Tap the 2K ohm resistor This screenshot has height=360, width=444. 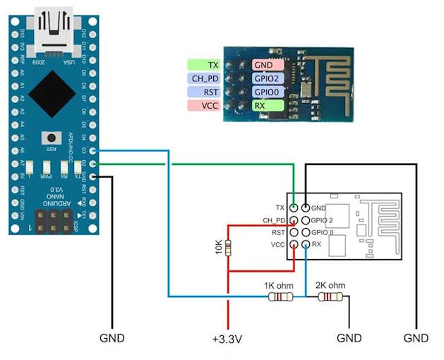click(330, 297)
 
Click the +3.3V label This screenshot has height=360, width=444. click(227, 339)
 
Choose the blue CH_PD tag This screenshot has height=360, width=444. click(205, 78)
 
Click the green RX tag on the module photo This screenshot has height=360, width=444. click(268, 105)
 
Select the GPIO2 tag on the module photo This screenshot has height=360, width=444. click(268, 78)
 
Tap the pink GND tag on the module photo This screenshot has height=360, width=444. click(268, 64)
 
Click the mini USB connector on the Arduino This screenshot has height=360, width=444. click(56, 32)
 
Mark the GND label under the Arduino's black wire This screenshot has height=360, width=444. click(112, 338)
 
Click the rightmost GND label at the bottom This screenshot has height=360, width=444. click(416, 338)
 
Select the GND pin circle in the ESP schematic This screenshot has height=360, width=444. click(305, 208)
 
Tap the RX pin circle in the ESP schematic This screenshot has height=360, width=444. click(305, 244)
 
